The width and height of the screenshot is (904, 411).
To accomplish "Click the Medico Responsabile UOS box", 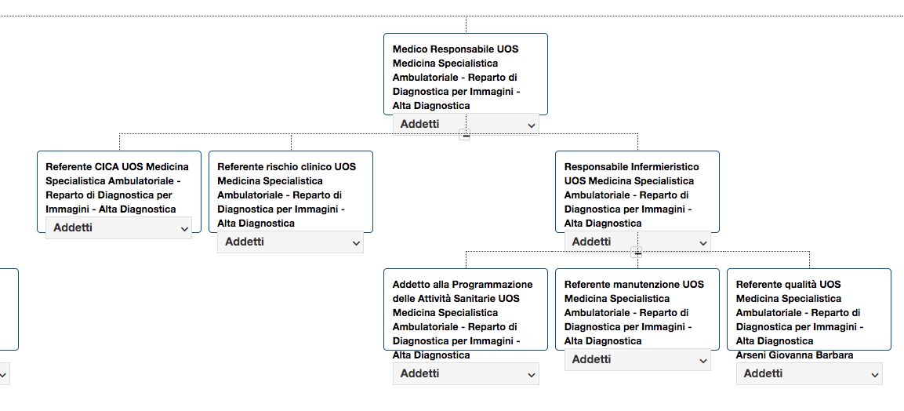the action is (465, 74).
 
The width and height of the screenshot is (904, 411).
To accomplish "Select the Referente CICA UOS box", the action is (118, 191).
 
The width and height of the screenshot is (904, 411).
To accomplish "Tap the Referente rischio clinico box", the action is (291, 191).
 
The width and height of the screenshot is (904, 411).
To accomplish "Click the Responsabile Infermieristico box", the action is (637, 191).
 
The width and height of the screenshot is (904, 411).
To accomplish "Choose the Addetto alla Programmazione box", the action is (465, 309).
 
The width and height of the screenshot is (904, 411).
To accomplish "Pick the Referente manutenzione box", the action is (637, 309).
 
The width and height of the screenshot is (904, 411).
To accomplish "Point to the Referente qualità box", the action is (809, 309).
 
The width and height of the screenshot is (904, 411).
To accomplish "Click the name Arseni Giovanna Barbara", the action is (794, 355).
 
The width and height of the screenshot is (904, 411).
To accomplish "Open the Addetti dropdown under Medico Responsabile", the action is (466, 124).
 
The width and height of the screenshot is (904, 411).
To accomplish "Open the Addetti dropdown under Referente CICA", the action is (118, 227).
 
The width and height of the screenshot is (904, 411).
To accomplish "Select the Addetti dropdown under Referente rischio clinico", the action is (291, 242).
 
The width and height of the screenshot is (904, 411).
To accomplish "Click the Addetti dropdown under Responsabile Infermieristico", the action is (637, 242).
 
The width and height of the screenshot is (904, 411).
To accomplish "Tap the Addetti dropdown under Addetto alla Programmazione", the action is (466, 373).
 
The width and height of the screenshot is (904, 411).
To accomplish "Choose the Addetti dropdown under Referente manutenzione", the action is (637, 360).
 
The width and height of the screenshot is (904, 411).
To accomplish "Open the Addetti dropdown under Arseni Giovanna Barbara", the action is (809, 373).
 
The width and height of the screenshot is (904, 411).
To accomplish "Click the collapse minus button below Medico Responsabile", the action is (465, 136).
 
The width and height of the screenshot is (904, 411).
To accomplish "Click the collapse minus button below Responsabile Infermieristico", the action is (637, 253).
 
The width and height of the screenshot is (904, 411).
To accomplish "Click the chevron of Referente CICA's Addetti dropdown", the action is (184, 229).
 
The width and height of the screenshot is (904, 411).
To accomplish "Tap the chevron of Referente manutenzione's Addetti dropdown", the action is (703, 361).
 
